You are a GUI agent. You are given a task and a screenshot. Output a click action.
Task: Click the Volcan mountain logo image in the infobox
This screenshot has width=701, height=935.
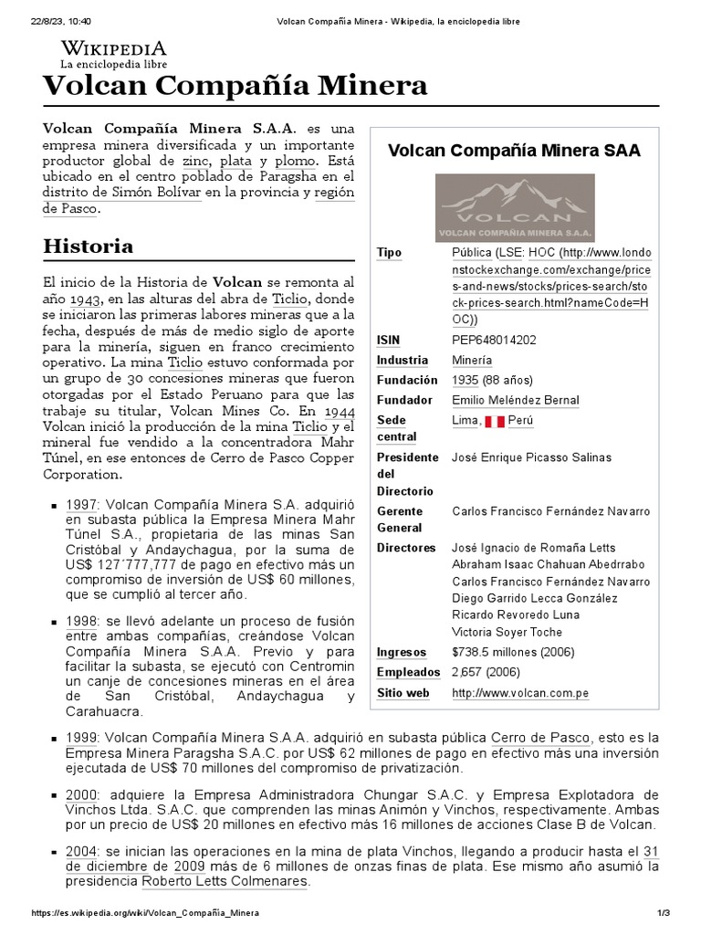[515, 207]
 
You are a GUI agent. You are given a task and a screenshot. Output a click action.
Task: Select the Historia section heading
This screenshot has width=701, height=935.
[89, 246]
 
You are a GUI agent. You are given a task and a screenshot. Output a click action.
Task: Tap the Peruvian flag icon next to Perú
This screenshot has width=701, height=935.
[494, 421]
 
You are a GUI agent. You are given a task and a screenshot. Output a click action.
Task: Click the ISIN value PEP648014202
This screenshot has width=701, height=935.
[494, 340]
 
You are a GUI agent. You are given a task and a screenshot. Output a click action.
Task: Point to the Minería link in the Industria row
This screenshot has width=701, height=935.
[472, 360]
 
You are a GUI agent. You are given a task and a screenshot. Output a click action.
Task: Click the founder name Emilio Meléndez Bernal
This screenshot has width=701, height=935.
[516, 400]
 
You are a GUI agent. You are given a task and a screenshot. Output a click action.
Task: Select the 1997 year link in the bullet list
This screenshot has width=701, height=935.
[80, 504]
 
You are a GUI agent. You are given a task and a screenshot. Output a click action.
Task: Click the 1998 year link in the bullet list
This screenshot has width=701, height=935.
[80, 620]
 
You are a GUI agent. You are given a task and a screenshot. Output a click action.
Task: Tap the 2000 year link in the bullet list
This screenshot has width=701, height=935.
[80, 794]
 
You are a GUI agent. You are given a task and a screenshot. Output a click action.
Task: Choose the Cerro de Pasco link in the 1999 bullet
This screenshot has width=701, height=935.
[541, 737]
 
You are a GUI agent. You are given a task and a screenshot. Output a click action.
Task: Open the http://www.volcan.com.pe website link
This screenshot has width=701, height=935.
[520, 693]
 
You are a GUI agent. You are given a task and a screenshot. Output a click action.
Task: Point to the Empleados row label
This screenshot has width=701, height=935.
[408, 672]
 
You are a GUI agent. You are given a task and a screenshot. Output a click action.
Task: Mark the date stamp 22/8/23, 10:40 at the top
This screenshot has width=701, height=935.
[56, 20]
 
